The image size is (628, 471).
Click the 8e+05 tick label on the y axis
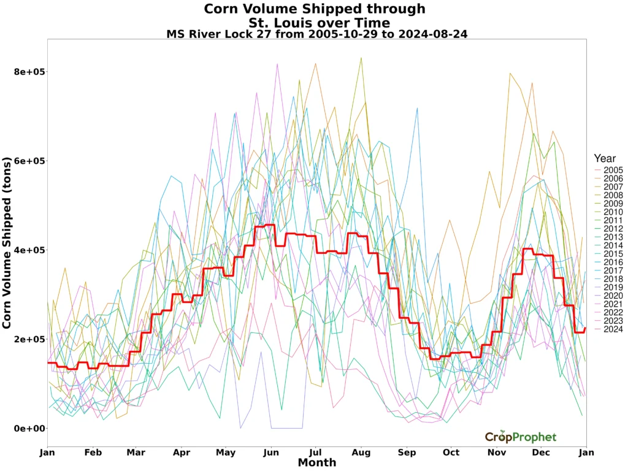[x=30, y=72]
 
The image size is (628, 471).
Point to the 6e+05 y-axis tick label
[x=30, y=161]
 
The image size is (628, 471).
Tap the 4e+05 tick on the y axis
[x=30, y=250]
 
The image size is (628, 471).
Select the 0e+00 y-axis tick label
[x=30, y=428]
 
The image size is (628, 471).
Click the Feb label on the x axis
[x=93, y=453]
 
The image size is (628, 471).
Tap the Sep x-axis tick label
[x=407, y=453]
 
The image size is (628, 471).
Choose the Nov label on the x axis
[x=497, y=453]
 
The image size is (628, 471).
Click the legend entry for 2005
[x=613, y=170]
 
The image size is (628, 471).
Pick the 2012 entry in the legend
[x=613, y=229]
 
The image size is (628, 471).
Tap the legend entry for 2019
[x=613, y=288]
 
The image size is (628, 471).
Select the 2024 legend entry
[x=613, y=329]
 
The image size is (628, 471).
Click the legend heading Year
[x=605, y=158]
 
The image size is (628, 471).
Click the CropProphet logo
[x=521, y=437]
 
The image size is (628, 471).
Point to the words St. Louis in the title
[x=278, y=23]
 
